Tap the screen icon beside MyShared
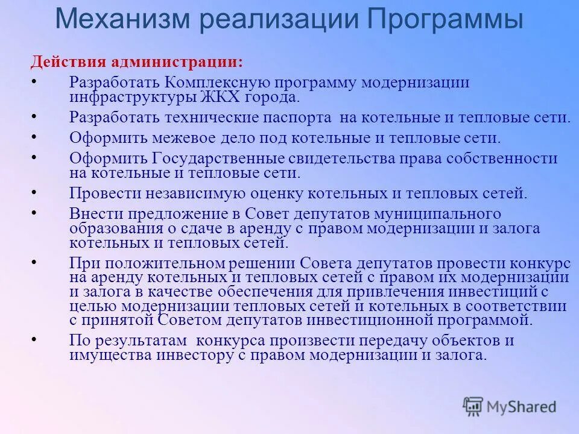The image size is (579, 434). pos(473,406)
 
